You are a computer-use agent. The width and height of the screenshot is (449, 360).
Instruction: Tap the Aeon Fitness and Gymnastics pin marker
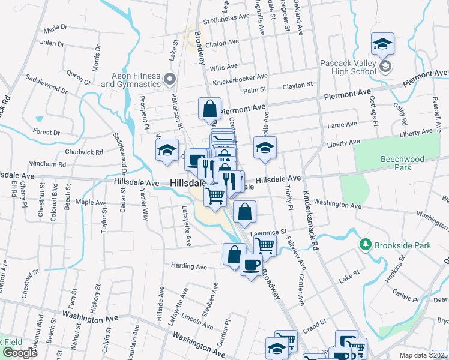(170, 79)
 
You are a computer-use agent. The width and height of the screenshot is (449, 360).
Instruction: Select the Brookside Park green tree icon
(364, 245)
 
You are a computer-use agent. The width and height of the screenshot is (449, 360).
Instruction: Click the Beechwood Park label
(402, 163)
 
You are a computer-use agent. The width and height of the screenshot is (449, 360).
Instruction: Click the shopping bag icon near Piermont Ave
(210, 109)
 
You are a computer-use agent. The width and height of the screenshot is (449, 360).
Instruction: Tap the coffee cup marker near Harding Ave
(251, 264)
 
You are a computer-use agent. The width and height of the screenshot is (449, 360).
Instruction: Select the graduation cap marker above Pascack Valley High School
(382, 44)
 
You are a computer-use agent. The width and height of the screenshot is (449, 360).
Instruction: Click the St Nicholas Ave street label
(226, 18)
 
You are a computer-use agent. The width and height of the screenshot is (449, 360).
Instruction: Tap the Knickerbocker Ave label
(240, 78)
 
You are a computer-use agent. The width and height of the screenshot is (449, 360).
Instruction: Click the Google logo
(19, 353)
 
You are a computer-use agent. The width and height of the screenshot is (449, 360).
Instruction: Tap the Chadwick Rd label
(84, 152)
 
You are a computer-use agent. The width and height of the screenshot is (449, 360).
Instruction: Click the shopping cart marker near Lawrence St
(265, 245)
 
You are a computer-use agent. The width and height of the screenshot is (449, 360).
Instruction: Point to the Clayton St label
(298, 86)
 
